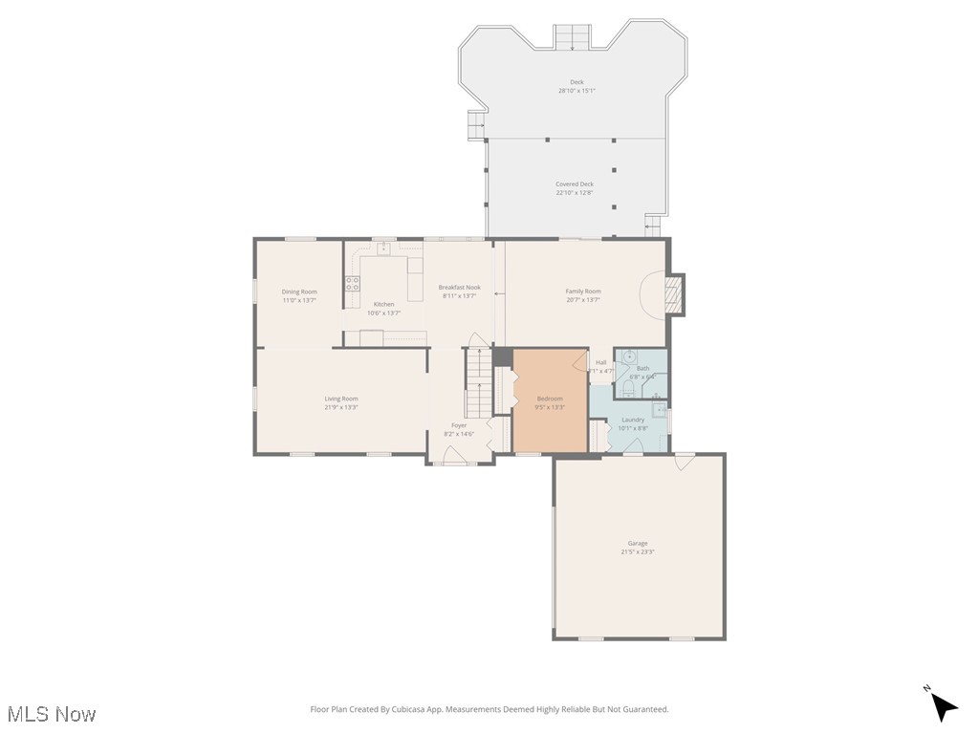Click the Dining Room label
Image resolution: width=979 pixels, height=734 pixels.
[x=299, y=291]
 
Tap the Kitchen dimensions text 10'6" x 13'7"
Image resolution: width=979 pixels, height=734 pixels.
[x=383, y=313]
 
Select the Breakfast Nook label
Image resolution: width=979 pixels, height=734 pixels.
[x=459, y=287]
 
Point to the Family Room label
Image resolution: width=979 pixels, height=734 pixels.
[x=583, y=291]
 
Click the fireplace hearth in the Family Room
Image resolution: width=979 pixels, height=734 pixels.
[x=675, y=294]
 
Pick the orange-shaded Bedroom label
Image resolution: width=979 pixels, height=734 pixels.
[x=550, y=399]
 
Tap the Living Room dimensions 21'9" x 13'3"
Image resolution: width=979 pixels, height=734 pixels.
[x=341, y=407]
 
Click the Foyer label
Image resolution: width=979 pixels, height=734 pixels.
[x=459, y=425]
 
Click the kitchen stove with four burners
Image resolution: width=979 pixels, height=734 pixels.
[x=352, y=283]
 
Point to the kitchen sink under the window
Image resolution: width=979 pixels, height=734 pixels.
[x=383, y=249]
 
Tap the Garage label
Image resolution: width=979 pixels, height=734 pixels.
[x=638, y=543]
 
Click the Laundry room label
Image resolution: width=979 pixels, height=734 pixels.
[x=633, y=420]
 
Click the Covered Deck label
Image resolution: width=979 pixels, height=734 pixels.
[x=575, y=183]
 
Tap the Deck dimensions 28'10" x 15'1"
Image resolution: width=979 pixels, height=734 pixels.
[x=577, y=91]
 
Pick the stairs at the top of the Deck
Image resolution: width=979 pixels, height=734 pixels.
[x=574, y=37]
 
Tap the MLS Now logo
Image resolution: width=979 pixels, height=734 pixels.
[x=52, y=714]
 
